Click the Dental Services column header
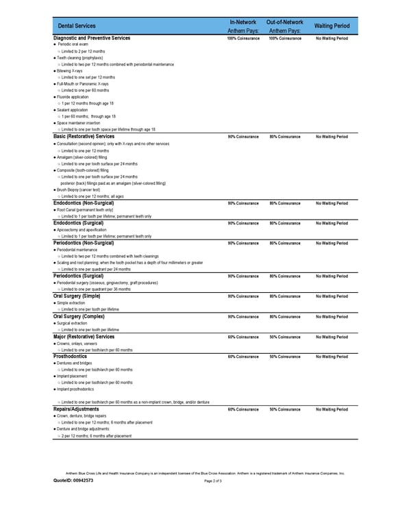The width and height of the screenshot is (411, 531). point(77,26)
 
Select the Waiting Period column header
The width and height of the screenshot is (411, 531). point(332,26)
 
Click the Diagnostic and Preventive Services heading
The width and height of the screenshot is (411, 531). point(92,38)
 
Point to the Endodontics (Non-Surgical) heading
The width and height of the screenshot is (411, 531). point(84,203)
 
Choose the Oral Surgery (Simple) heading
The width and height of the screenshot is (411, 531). point(78,296)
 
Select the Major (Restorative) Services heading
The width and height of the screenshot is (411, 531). point(84,337)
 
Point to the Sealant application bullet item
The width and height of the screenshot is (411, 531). point(73,110)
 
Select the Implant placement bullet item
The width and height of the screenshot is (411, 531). point(73,376)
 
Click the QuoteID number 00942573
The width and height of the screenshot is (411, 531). point(80,480)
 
